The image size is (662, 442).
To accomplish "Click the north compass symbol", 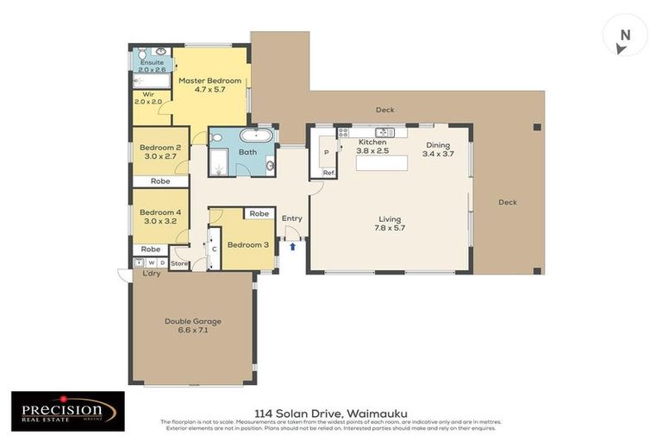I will pyautogui.click(x=625, y=36).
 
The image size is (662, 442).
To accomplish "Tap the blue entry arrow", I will pyautogui.click(x=292, y=246).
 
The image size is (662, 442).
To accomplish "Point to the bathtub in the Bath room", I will pyautogui.click(x=255, y=136).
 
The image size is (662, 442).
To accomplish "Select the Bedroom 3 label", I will pyautogui.click(x=247, y=244).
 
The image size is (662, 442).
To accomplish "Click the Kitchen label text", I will pyautogui.click(x=372, y=142).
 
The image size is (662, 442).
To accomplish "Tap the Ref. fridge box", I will pyautogui.click(x=328, y=173).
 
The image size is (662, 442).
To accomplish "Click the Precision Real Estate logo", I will pyautogui.click(x=67, y=411).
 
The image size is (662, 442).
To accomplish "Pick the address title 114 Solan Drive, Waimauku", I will pyautogui.click(x=331, y=413).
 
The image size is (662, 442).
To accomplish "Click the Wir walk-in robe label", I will pyautogui.click(x=147, y=98).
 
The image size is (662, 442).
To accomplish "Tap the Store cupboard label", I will pyautogui.click(x=179, y=262).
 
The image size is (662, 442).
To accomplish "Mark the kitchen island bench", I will pyautogui.click(x=382, y=162).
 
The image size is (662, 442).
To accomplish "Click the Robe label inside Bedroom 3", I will pyautogui.click(x=258, y=213).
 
